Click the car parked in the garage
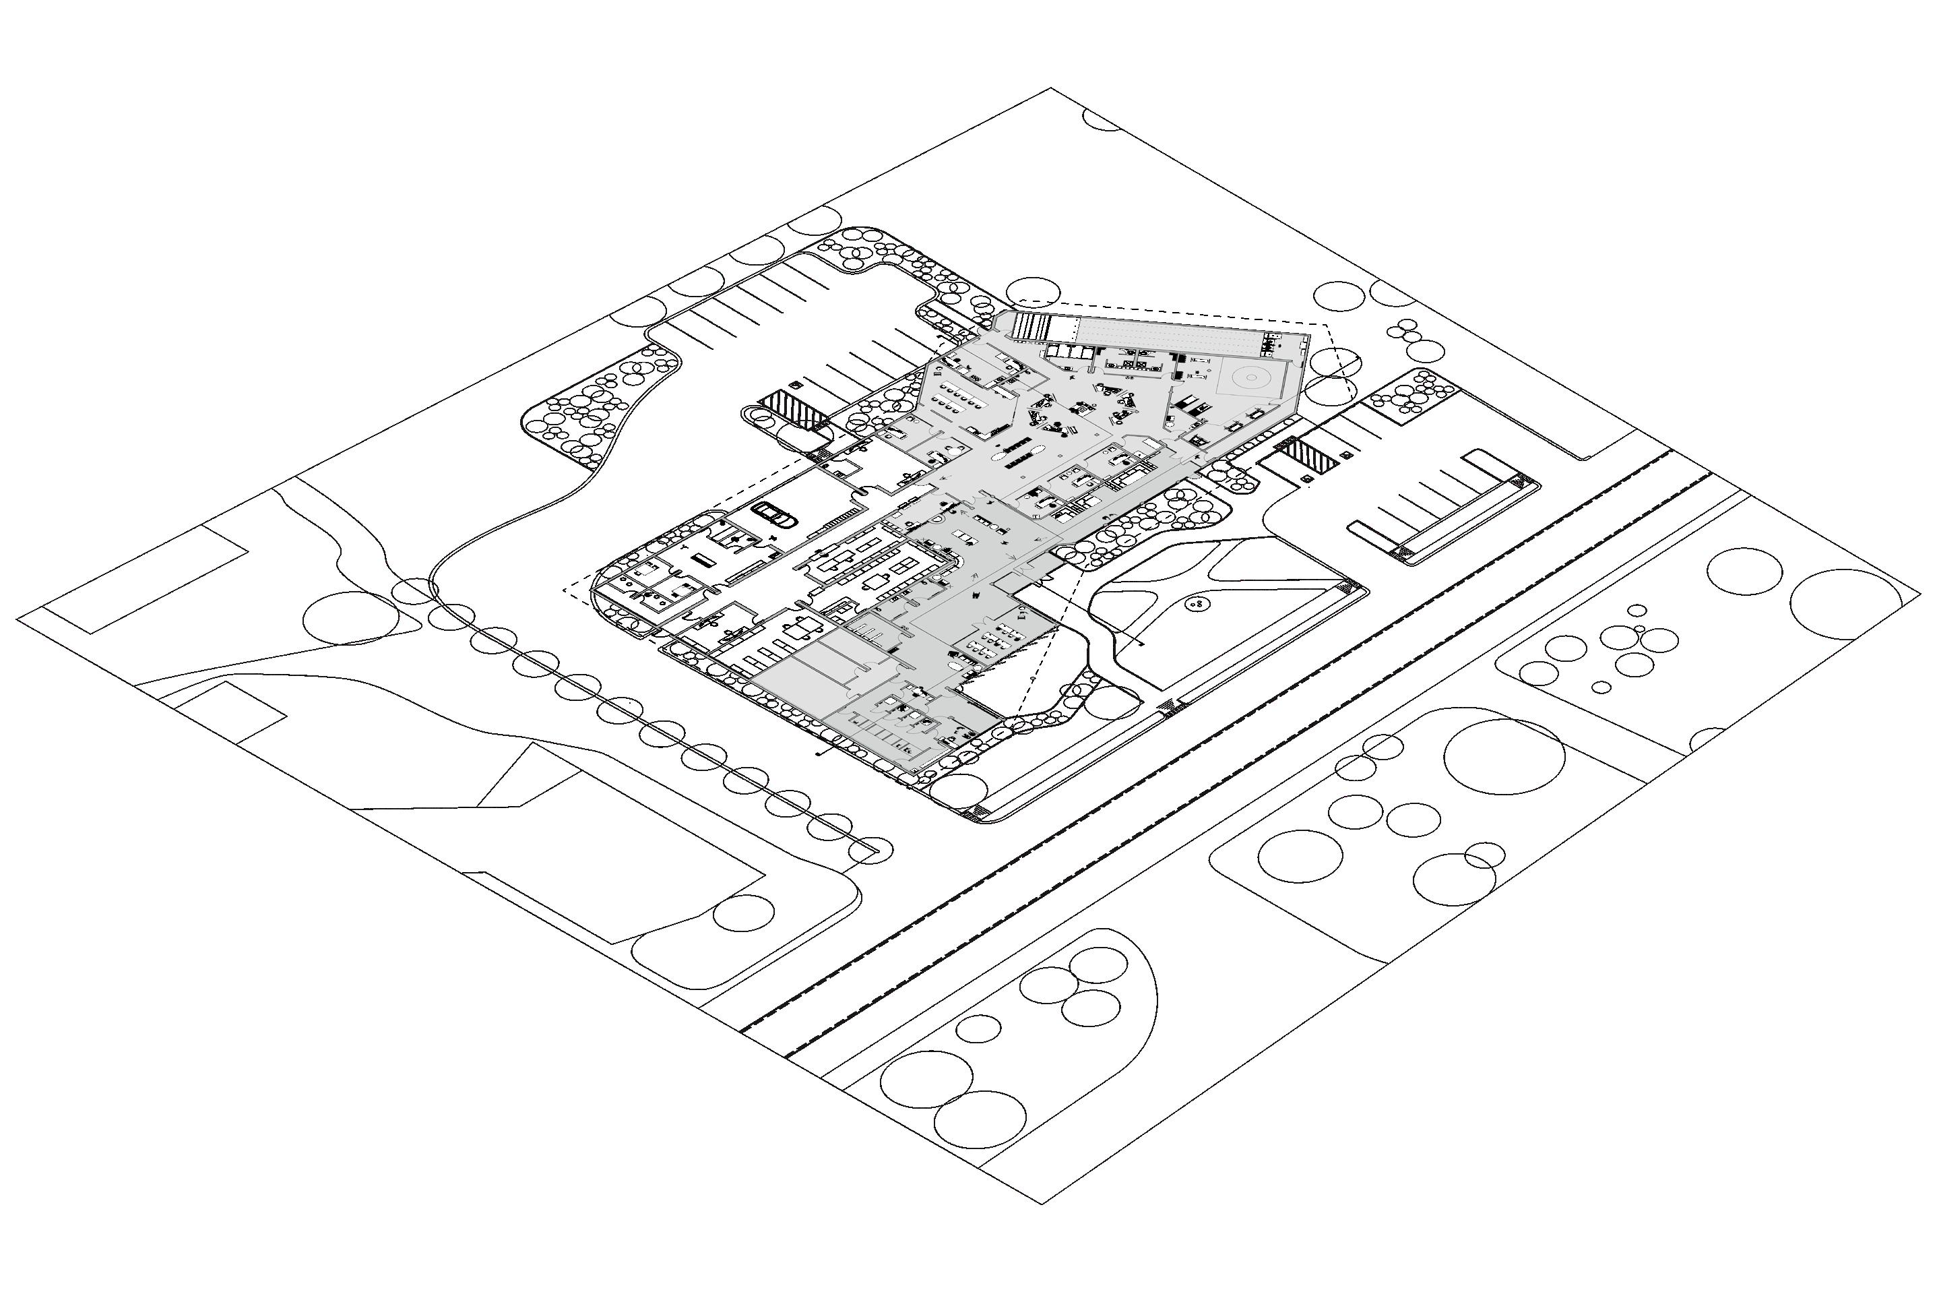[x=773, y=514]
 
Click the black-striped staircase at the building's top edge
[x=1029, y=326]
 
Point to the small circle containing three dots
[x=1197, y=605]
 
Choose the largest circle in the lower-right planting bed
[x=1504, y=756]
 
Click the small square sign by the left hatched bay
[x=796, y=385]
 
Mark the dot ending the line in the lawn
[x=1141, y=644]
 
